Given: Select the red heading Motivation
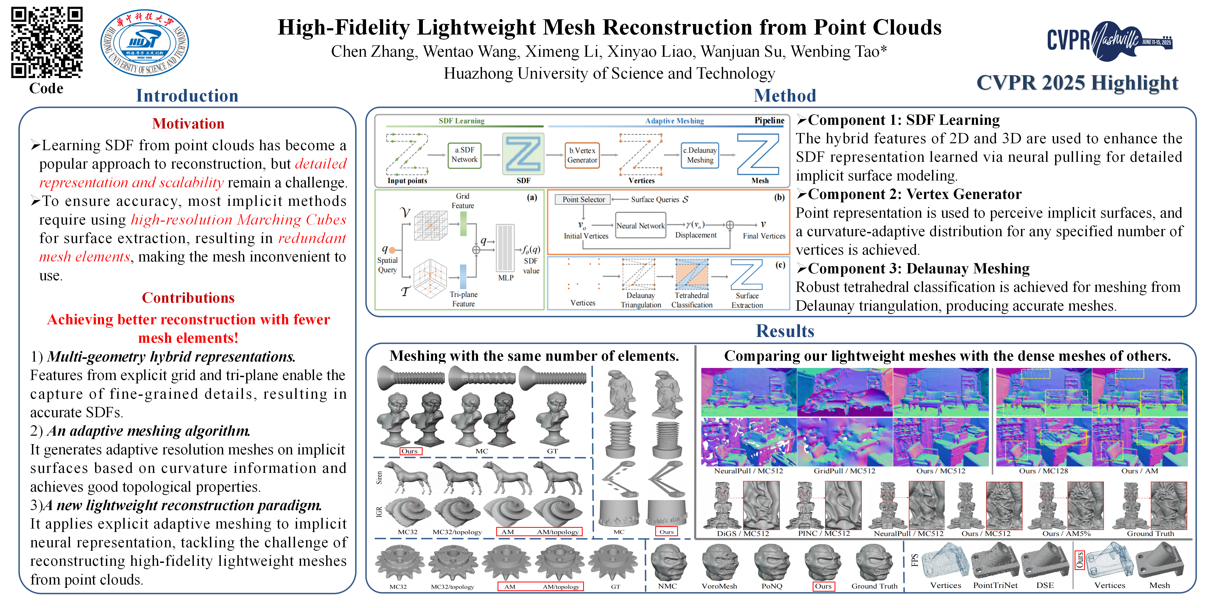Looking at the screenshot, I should pos(188,124).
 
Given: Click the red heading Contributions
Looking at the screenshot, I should pos(188,298).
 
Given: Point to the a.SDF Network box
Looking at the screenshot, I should pos(464,155).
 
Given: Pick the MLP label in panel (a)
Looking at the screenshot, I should pos(505,278).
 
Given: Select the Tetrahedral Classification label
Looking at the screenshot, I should pos(692,300).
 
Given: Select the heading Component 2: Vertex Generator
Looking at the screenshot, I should pos(914,194).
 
